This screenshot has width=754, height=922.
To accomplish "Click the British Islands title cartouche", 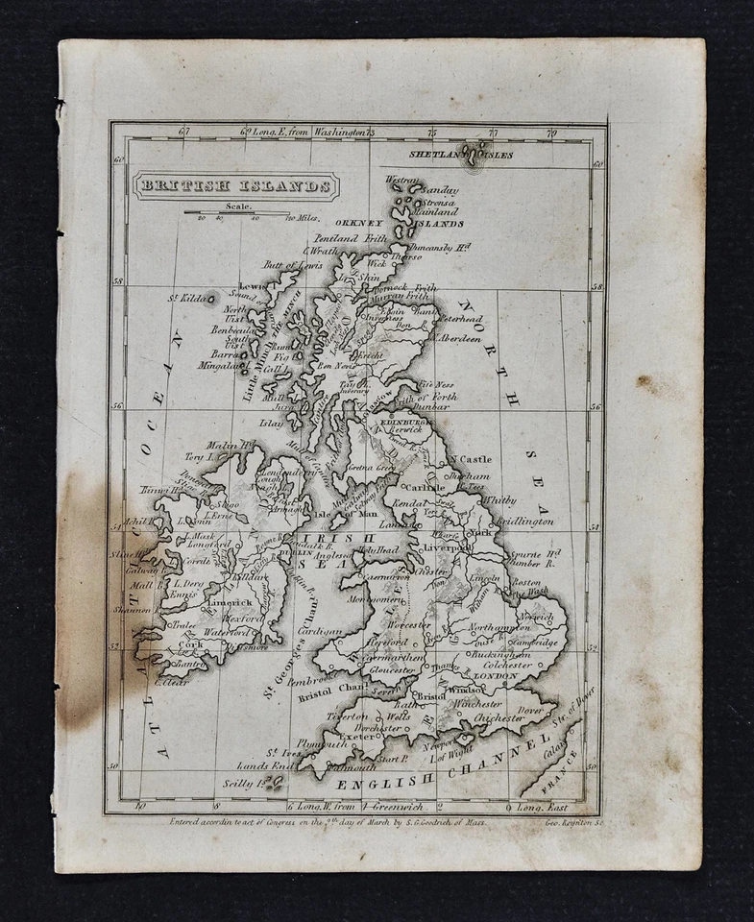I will click(235, 185).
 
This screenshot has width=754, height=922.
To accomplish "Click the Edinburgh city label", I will click(402, 421).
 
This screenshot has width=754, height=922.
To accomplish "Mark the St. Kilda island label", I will click(188, 299).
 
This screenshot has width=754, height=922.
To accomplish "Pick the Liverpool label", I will click(447, 546).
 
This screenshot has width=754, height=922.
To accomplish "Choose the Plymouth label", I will click(324, 743).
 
